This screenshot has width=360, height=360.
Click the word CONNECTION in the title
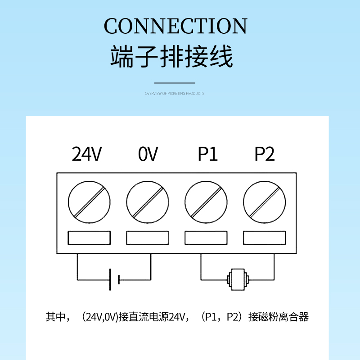click(175, 26)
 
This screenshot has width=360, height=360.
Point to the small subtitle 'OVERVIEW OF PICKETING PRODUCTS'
click(175, 94)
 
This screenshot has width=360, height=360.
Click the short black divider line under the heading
click(175, 83)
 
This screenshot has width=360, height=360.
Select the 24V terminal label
click(87, 154)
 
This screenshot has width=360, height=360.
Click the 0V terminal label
click(148, 154)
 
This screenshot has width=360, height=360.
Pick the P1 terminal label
click(207, 154)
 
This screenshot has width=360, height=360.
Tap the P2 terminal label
click(265, 154)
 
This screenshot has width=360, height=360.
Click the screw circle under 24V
click(89, 202)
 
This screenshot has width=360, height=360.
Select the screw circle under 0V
click(148, 202)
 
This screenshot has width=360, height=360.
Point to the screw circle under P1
click(206, 202)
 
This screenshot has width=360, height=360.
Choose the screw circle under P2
click(265, 202)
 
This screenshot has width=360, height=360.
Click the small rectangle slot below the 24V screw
click(89, 238)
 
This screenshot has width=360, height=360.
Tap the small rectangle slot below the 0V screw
click(148, 238)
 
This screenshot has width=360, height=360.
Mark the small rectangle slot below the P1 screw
click(206, 238)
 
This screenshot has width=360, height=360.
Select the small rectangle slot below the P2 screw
click(265, 238)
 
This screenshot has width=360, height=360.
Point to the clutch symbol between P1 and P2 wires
click(237, 279)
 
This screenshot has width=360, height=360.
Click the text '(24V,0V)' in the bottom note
click(98, 317)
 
